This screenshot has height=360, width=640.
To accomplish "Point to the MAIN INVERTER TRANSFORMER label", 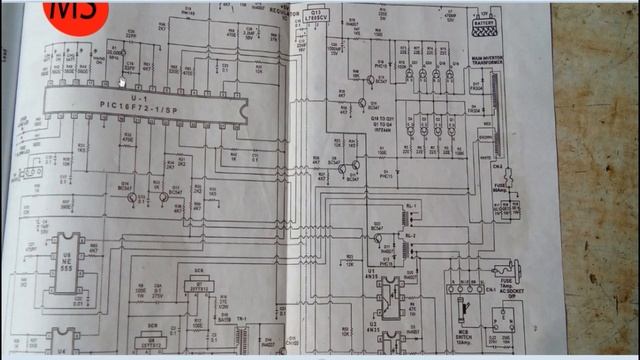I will point(487,66).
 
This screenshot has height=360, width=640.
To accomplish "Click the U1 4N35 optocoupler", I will point(385,293).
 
